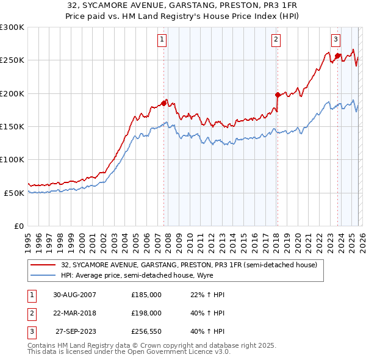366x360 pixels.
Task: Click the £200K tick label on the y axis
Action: (x=12, y=94)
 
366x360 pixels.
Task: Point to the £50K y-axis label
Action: (x=14, y=193)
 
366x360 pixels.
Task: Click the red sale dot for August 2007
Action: (x=164, y=103)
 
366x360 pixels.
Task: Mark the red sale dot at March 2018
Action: (x=278, y=95)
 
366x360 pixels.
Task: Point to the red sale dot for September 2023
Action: (x=337, y=56)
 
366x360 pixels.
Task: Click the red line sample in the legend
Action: (x=44, y=265)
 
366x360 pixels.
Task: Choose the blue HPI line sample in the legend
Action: (x=44, y=276)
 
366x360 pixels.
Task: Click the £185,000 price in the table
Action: (x=146, y=295)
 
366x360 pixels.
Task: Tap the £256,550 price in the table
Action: (x=146, y=331)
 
